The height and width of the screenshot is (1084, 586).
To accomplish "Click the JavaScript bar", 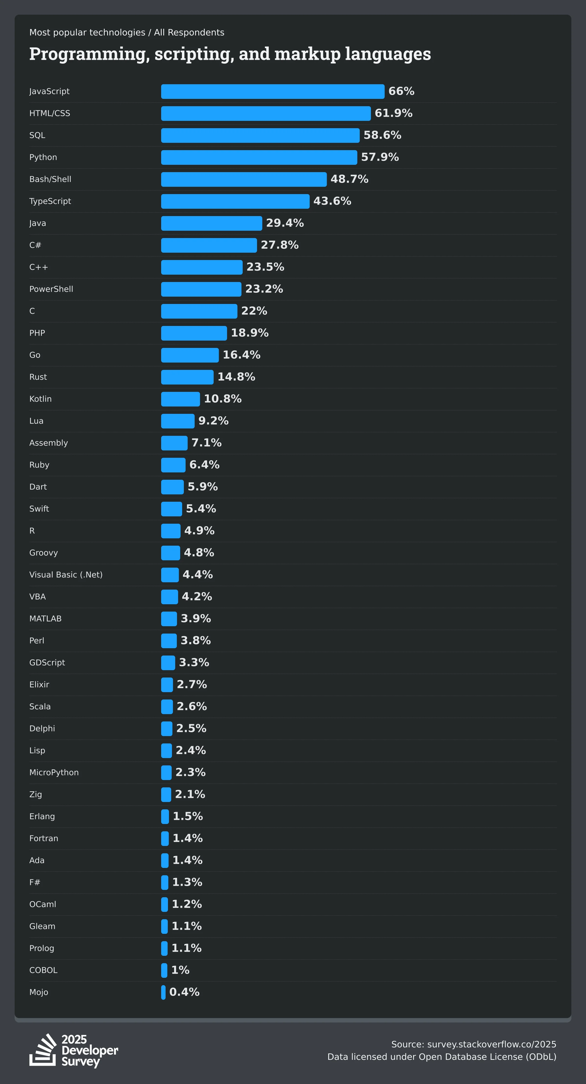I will point(272,91).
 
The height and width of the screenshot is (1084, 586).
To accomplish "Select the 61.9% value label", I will point(393,113).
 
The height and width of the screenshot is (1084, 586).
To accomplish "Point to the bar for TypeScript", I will point(235,201).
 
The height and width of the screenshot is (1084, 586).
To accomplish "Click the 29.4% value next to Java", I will point(285,223).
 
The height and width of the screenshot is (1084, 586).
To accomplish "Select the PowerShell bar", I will point(201,289).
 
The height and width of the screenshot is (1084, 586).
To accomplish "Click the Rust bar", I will point(187,377).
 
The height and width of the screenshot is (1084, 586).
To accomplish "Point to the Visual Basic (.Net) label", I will point(66,575).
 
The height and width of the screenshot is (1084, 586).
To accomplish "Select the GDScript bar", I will point(168,663).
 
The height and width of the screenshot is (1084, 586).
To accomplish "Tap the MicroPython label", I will point(54,773).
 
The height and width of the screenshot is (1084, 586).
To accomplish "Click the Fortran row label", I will point(44,838).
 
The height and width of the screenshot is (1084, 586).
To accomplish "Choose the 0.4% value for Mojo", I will point(184,992).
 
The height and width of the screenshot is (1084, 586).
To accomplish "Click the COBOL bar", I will point(164,970).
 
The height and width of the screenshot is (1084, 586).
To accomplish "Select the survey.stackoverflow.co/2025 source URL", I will point(491,1044).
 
